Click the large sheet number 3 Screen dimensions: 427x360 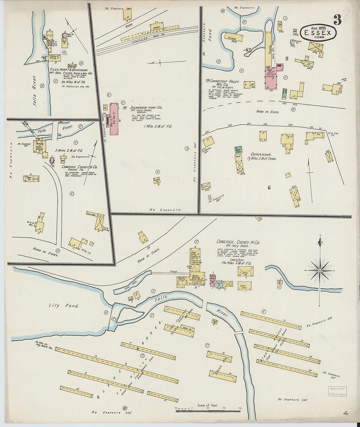tap(337, 20)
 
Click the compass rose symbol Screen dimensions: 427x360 tap(320, 271)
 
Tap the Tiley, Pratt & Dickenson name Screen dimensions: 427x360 tap(69, 70)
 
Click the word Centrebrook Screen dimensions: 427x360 tap(261, 154)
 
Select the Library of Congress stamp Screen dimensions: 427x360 tap(337, 391)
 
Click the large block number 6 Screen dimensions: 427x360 tap(269, 188)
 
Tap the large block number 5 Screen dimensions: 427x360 tap(286, 59)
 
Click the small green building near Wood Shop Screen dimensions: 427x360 tap(238, 150)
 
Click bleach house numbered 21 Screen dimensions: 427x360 tap(271, 320)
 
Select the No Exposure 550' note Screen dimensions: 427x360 tap(293, 399)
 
